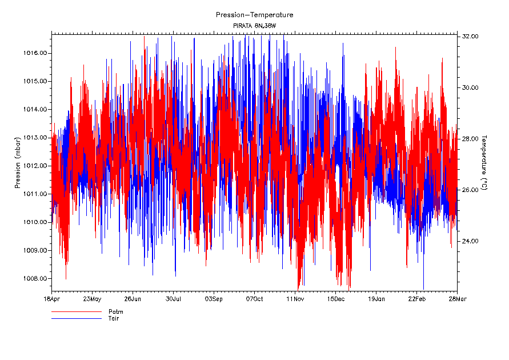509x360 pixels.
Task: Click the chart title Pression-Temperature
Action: pyautogui.click(x=254, y=15)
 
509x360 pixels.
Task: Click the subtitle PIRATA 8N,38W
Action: pyautogui.click(x=254, y=26)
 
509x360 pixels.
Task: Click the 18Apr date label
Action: pyautogui.click(x=51, y=299)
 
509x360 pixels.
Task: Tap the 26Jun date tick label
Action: pyautogui.click(x=133, y=299)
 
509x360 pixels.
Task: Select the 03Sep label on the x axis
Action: pyautogui.click(x=214, y=299)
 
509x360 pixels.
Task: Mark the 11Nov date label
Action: pyautogui.click(x=295, y=299)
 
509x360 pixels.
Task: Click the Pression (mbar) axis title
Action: pyautogui.click(x=18, y=166)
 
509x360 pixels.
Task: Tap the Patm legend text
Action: pyautogui.click(x=115, y=312)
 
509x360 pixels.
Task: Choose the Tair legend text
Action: pyautogui.click(x=114, y=318)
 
